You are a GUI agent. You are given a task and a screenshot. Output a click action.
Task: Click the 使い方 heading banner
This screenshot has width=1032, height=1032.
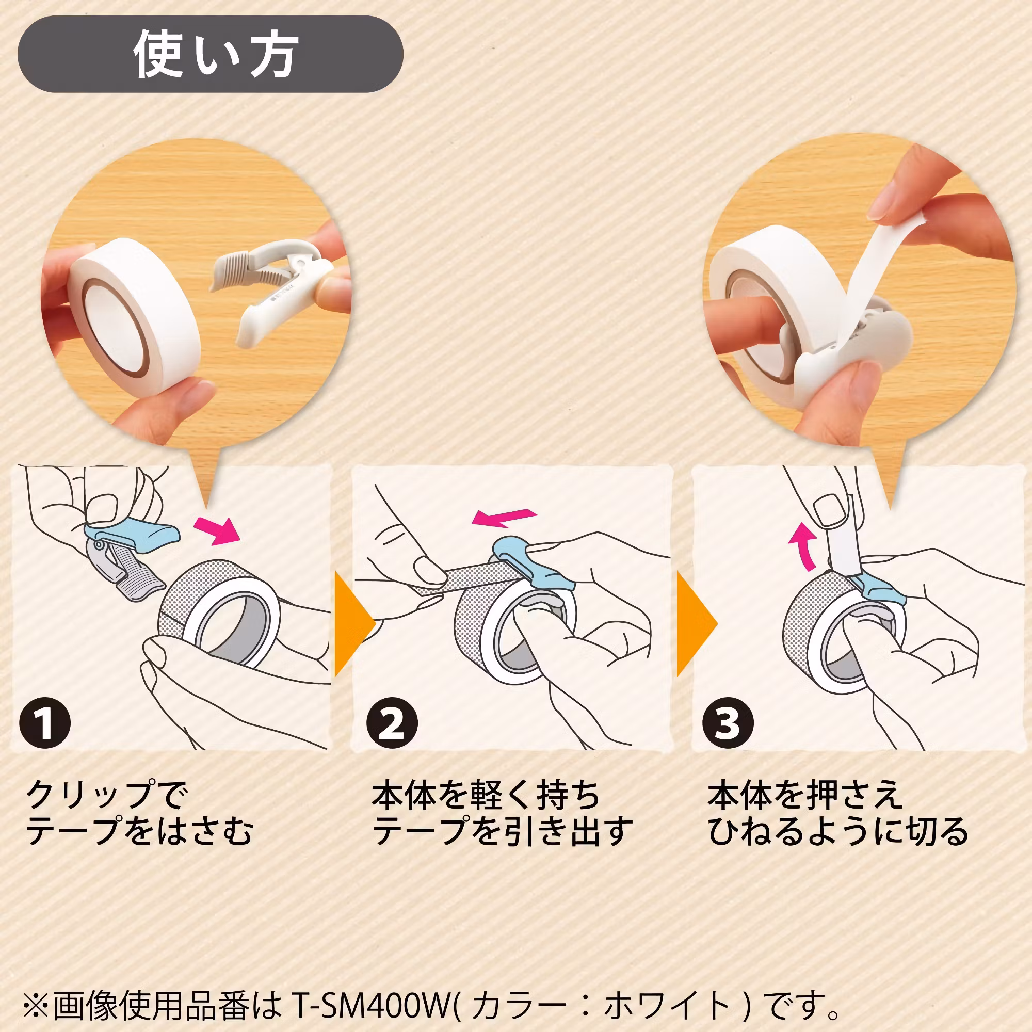click(210, 54)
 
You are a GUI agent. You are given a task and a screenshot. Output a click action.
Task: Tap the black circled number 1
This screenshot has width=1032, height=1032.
click(45, 723)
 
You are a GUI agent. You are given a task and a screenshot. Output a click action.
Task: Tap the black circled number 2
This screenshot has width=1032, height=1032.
click(392, 723)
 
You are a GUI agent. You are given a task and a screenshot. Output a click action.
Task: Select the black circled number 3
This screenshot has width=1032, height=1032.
click(728, 723)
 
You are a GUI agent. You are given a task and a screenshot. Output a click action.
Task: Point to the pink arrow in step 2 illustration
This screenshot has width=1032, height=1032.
click(504, 517)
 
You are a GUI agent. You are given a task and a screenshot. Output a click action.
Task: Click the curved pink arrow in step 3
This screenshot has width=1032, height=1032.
click(802, 545)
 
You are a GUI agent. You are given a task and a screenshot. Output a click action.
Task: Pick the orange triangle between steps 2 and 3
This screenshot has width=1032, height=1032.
click(695, 624)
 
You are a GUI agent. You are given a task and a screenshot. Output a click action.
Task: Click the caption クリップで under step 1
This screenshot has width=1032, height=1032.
click(107, 795)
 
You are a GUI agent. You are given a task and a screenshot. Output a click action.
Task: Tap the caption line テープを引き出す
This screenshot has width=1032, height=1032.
click(502, 831)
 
